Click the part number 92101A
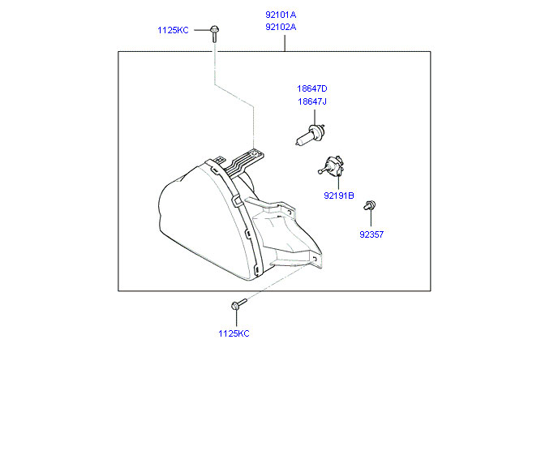281,15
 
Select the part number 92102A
281,27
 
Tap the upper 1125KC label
173,30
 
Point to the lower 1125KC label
234,333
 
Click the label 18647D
311,88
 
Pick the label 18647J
311,101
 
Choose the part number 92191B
339,195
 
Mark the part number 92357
371,234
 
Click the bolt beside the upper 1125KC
214,32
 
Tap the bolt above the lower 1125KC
236,305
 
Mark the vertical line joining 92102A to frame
286,42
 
